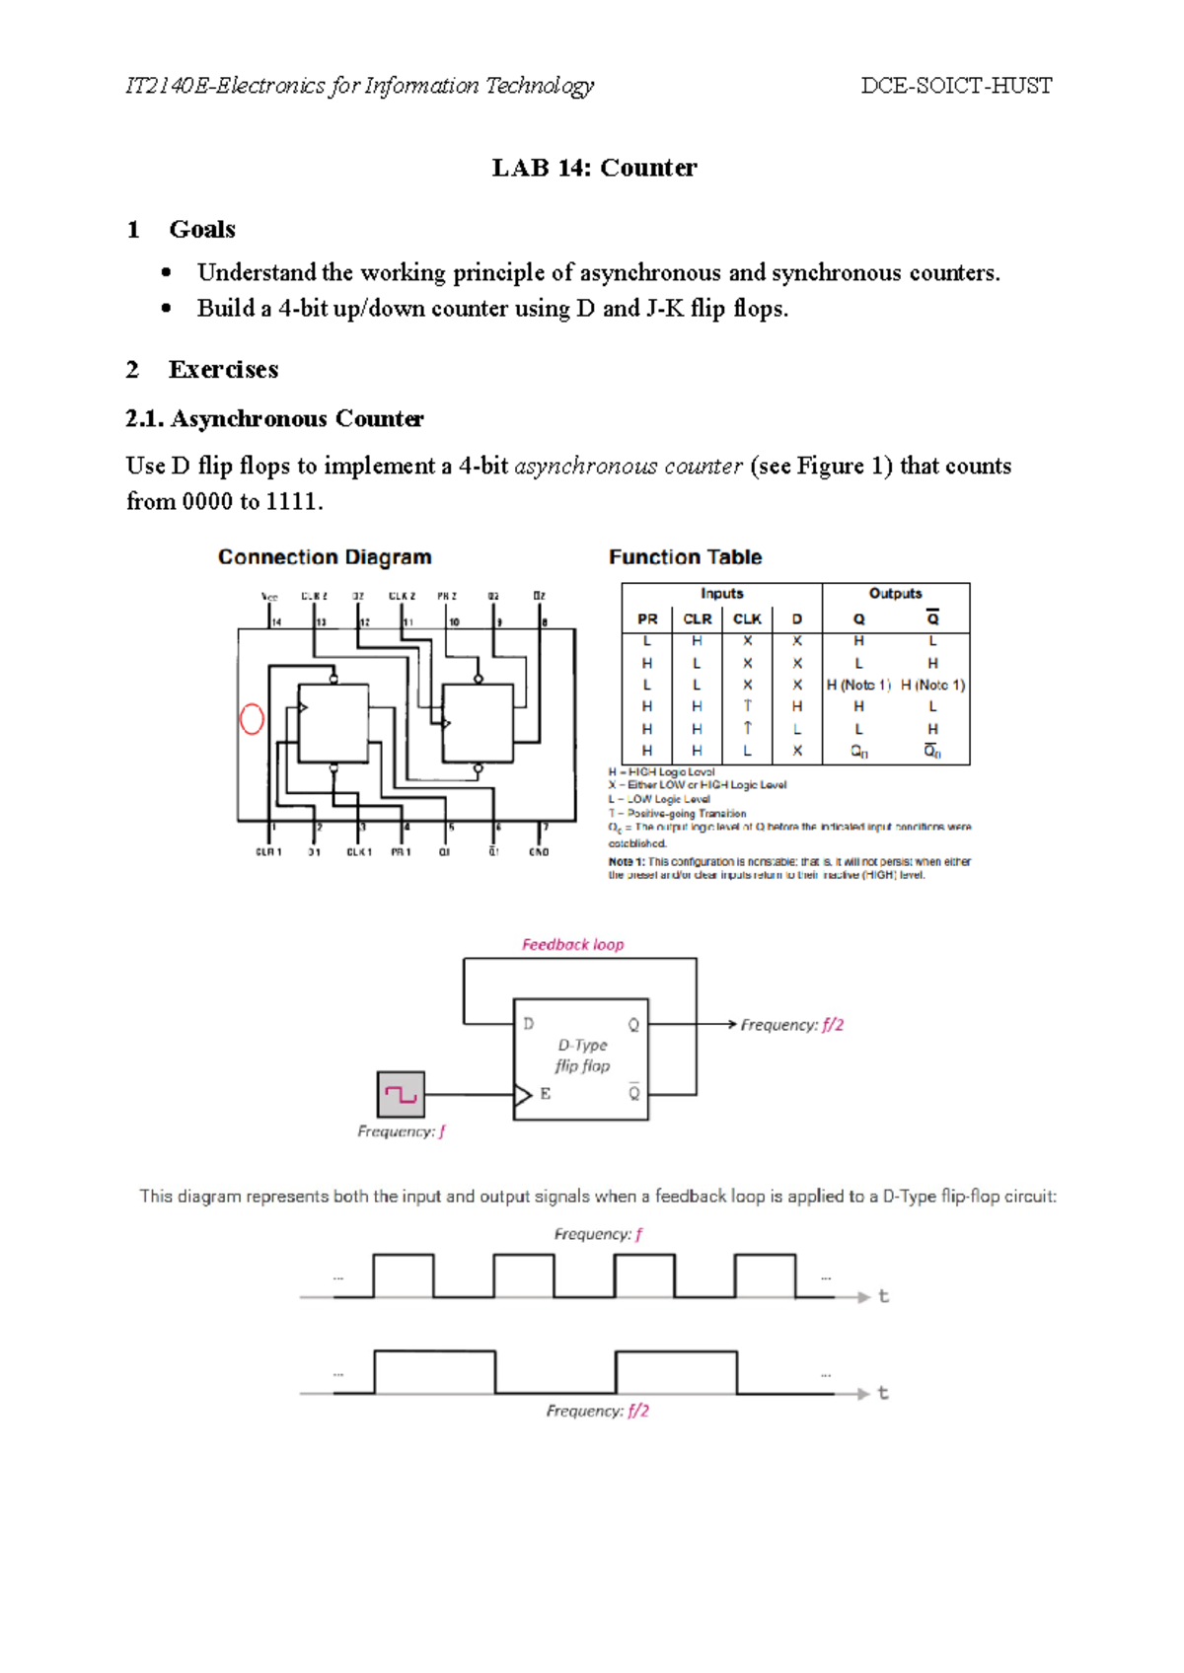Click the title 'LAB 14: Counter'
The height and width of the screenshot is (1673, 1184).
(594, 168)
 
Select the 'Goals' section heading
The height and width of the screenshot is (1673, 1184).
(201, 229)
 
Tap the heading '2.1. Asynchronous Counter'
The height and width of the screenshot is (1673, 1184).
(274, 419)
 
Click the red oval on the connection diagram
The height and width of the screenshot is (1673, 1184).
(252, 718)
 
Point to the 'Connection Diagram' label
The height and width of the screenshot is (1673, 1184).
(325, 557)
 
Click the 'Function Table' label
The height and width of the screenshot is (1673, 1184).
(685, 557)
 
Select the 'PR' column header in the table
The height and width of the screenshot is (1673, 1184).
(647, 619)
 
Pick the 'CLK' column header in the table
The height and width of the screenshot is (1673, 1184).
(747, 619)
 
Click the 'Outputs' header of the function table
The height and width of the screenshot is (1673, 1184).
(895, 594)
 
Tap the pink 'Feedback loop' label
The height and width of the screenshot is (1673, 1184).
(572, 945)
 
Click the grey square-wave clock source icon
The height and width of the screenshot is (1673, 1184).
(401, 1095)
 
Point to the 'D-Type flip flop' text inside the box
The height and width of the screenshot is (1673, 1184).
(582, 1055)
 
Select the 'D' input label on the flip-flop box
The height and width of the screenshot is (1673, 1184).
(529, 1024)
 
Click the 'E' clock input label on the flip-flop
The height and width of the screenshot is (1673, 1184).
(546, 1094)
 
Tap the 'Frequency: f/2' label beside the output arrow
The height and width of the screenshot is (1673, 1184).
(791, 1025)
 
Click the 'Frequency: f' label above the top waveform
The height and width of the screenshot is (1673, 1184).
(598, 1234)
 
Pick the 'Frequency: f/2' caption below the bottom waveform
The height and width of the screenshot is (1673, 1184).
(598, 1412)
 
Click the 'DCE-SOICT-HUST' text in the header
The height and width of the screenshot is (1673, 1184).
(956, 86)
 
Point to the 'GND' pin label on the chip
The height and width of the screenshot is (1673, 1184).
(539, 852)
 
